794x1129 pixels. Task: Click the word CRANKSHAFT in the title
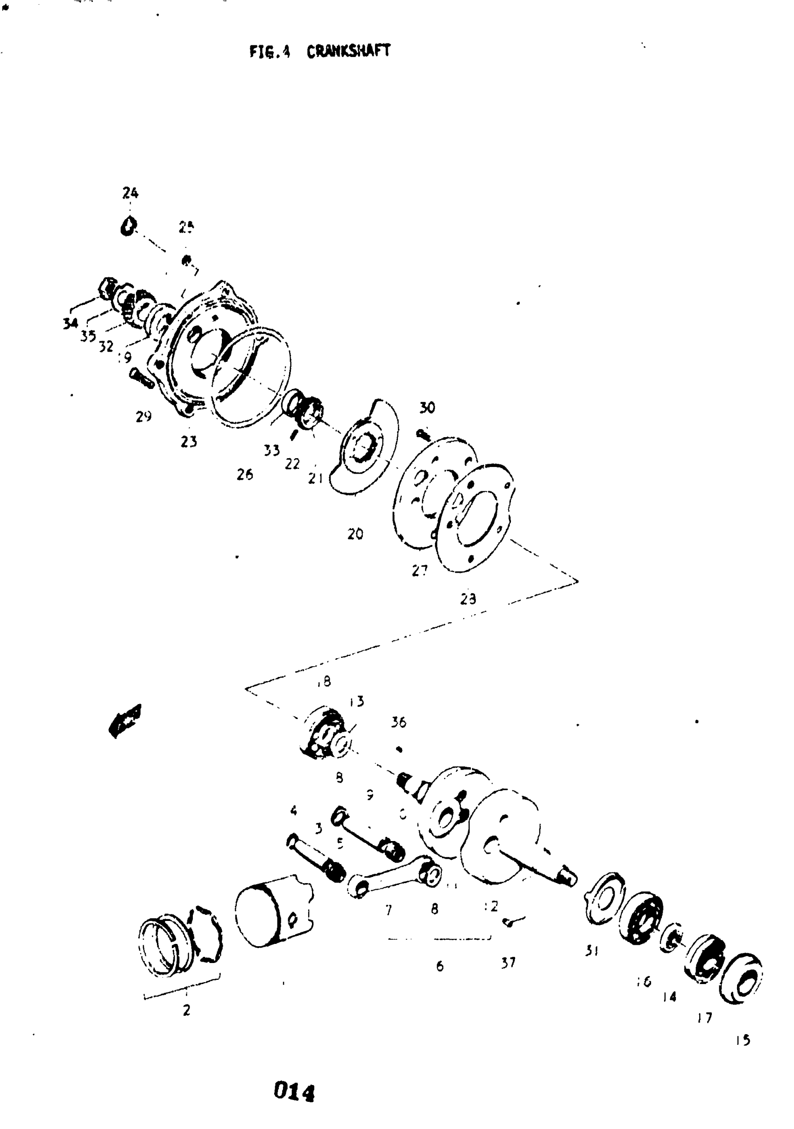(x=348, y=51)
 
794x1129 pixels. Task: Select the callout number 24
(x=130, y=193)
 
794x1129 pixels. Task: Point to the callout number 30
(x=426, y=408)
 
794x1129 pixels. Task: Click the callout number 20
(x=355, y=533)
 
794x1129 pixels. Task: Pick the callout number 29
(x=143, y=417)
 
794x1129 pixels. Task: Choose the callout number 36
(x=398, y=722)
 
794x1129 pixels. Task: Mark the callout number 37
(x=508, y=962)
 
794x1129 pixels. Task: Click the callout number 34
(x=70, y=323)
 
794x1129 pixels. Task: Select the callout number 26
(x=245, y=474)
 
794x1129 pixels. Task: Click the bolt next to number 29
(x=142, y=379)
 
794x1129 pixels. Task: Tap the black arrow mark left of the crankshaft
(x=124, y=720)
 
